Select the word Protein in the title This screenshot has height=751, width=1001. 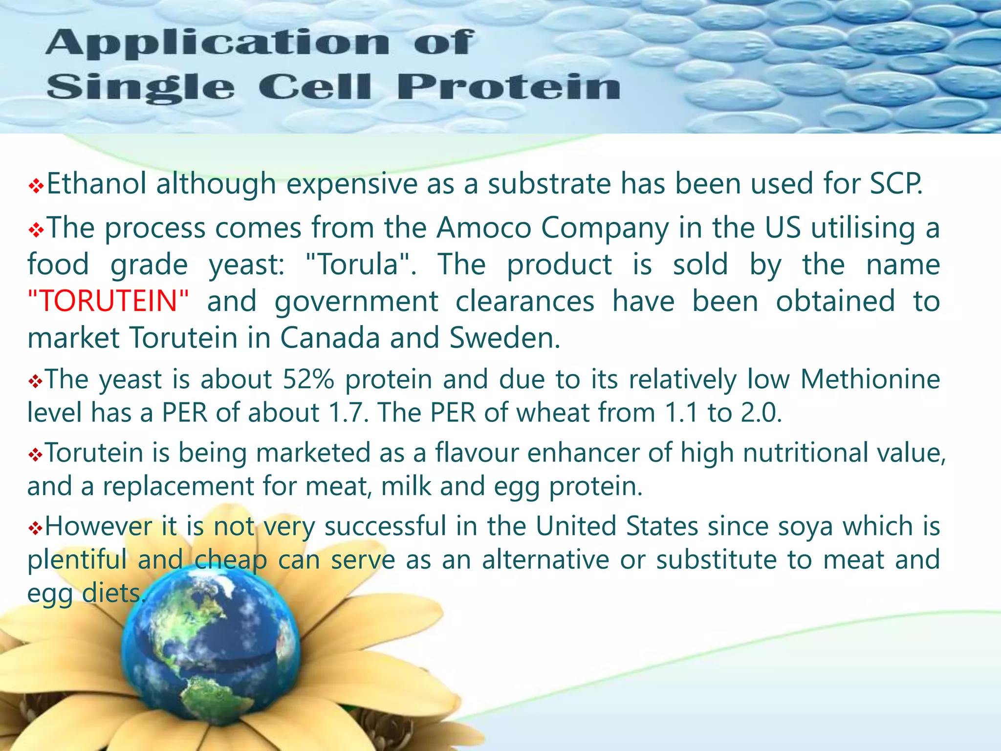tap(508, 88)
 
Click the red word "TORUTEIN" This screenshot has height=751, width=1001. tap(108, 301)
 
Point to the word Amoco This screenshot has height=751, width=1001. tap(484, 228)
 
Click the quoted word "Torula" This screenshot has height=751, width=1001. tap(360, 265)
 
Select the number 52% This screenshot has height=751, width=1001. tap(308, 379)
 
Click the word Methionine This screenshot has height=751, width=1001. tap(870, 379)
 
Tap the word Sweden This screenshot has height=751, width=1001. tap(504, 338)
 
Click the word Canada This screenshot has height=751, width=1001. tap(330, 338)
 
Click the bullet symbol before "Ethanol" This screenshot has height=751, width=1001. tap(36, 186)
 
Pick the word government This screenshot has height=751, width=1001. tap(356, 301)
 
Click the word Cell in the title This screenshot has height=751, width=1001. tap(315, 88)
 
